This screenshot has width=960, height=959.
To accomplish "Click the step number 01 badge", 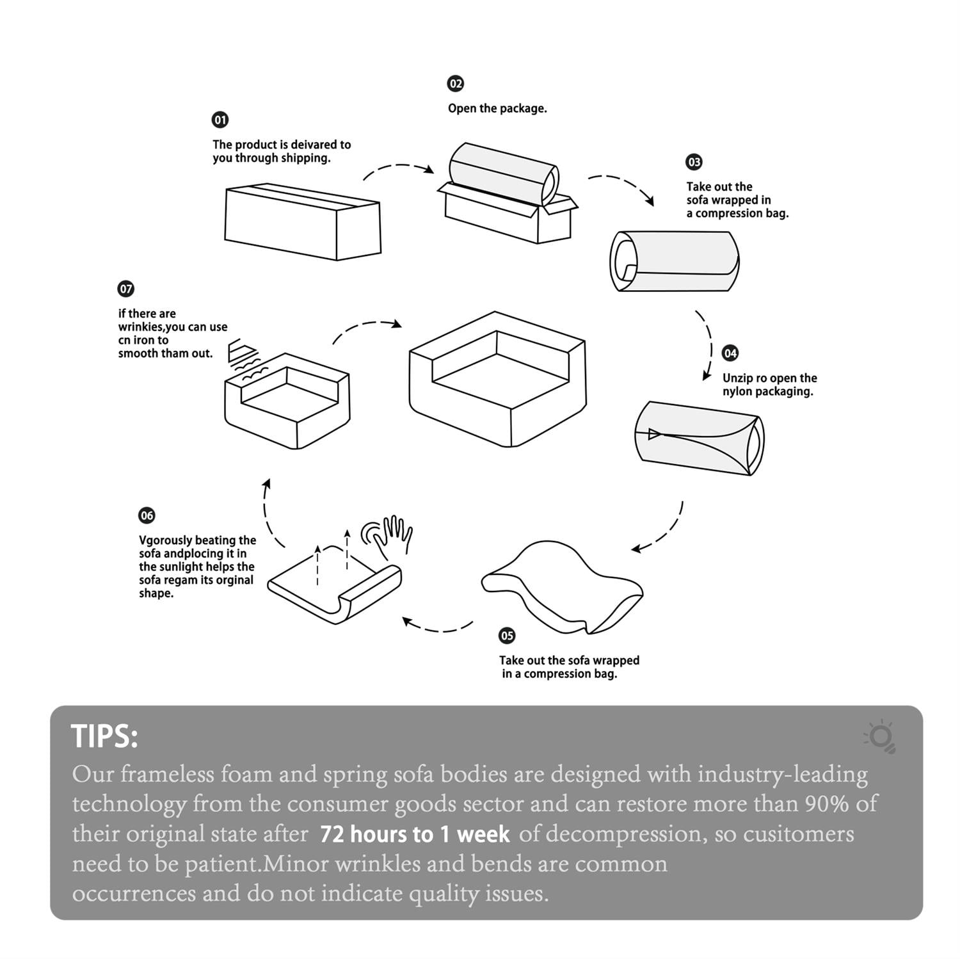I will coord(220,120).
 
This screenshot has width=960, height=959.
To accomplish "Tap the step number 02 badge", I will coord(455,84).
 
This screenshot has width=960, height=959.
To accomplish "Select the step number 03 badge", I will coord(694,162).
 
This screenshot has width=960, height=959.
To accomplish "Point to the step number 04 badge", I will coord(730,353).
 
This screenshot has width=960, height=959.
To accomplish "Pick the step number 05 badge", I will coord(507,636).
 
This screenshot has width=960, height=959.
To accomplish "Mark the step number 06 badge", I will coord(147,515).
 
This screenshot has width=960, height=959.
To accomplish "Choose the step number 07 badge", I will coord(126,289).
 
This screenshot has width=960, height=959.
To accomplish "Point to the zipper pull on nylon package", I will coord(653,434).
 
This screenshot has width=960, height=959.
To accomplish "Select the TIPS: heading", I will coord(104,736).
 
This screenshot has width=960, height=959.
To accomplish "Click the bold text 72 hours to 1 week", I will coord(415,834).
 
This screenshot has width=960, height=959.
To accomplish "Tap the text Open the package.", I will coord(497,108).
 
